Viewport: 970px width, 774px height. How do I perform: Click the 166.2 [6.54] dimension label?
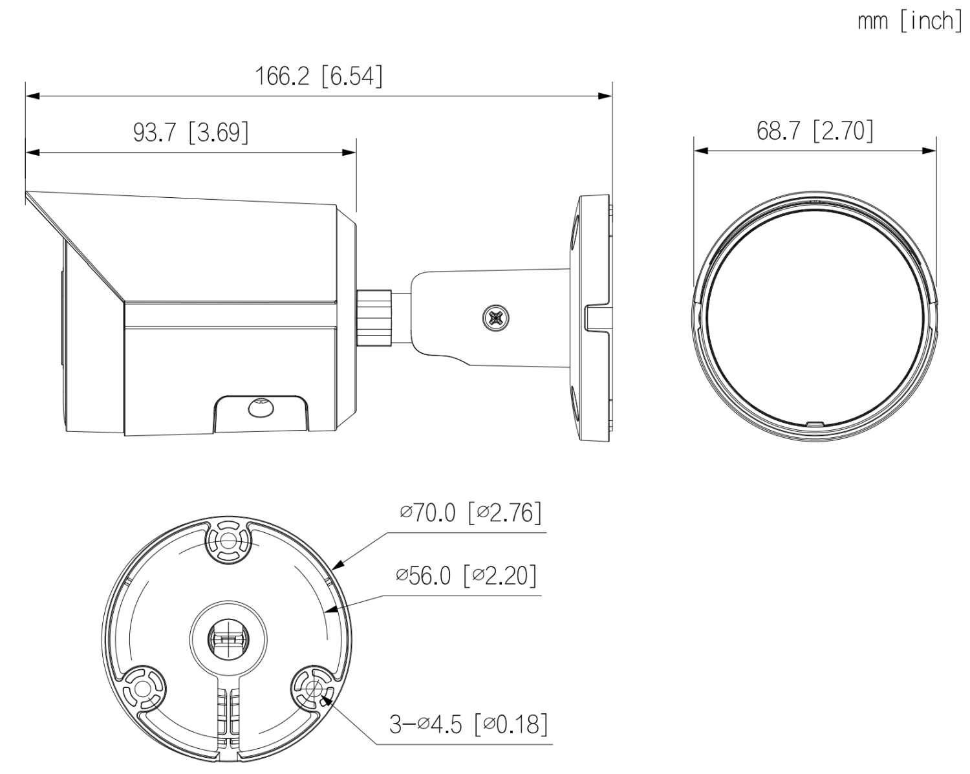pos(319,76)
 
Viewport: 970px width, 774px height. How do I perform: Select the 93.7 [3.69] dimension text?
pos(191,133)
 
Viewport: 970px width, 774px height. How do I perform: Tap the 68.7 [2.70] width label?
pos(815,131)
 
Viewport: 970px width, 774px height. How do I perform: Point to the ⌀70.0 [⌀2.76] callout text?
pos(471,513)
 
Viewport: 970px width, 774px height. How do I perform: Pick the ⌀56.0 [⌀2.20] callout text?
pos(466,575)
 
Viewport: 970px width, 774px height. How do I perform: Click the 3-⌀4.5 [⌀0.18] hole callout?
pos(469,725)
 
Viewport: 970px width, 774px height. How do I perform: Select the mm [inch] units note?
pos(910,21)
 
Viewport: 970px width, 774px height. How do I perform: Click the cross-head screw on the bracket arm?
pos(496,319)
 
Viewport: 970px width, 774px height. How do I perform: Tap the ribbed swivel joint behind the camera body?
pos(374,317)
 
